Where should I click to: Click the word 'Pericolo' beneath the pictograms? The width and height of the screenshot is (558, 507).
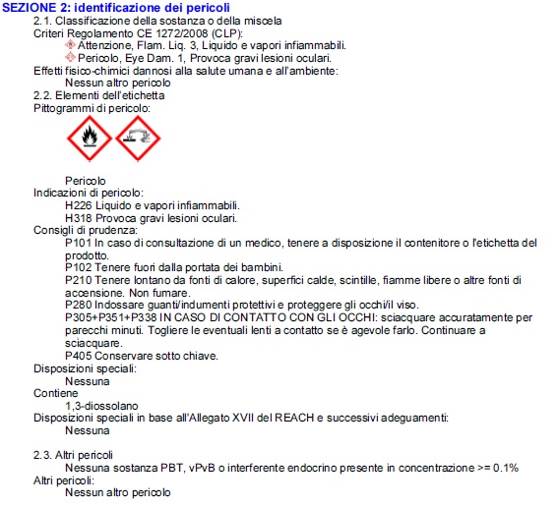(85, 181)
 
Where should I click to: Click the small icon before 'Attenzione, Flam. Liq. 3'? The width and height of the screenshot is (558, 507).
(70, 45)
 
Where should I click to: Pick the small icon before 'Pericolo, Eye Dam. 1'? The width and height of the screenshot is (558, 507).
(70, 58)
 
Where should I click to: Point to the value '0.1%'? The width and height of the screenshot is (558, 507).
(507, 468)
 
